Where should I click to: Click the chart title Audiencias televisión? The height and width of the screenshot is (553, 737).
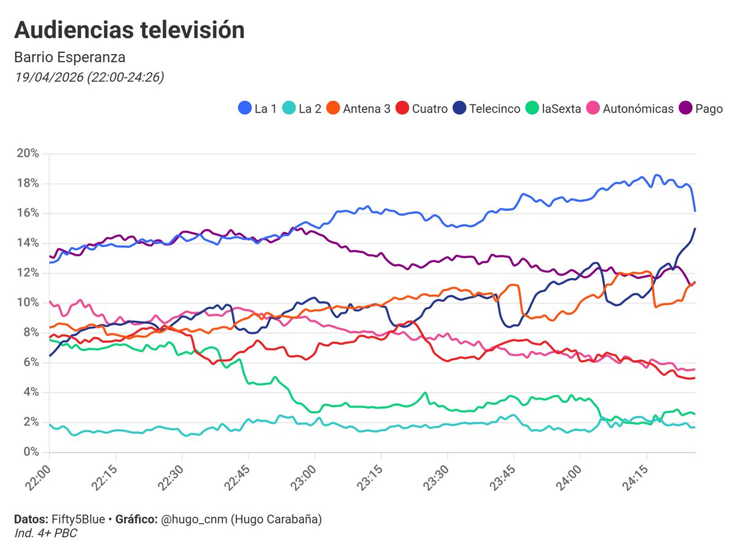point(129,30)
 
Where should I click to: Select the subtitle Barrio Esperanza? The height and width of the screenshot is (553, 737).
point(69,58)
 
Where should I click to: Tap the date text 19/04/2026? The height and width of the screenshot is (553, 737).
point(45,77)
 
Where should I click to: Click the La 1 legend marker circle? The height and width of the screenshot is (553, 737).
point(244,109)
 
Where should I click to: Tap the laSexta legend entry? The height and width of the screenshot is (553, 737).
point(553,109)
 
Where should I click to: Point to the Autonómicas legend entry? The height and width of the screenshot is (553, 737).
point(630,109)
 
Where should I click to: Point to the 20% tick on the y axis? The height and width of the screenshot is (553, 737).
point(28,153)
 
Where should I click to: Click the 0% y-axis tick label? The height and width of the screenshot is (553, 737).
point(31,452)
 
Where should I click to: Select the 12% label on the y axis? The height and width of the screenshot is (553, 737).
point(28,273)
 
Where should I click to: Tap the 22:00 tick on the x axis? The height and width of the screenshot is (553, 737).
point(37,477)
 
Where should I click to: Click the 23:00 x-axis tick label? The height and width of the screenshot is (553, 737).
point(303,477)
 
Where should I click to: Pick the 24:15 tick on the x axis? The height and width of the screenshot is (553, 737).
point(636,477)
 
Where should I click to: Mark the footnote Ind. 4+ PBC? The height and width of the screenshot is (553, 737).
point(45,533)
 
